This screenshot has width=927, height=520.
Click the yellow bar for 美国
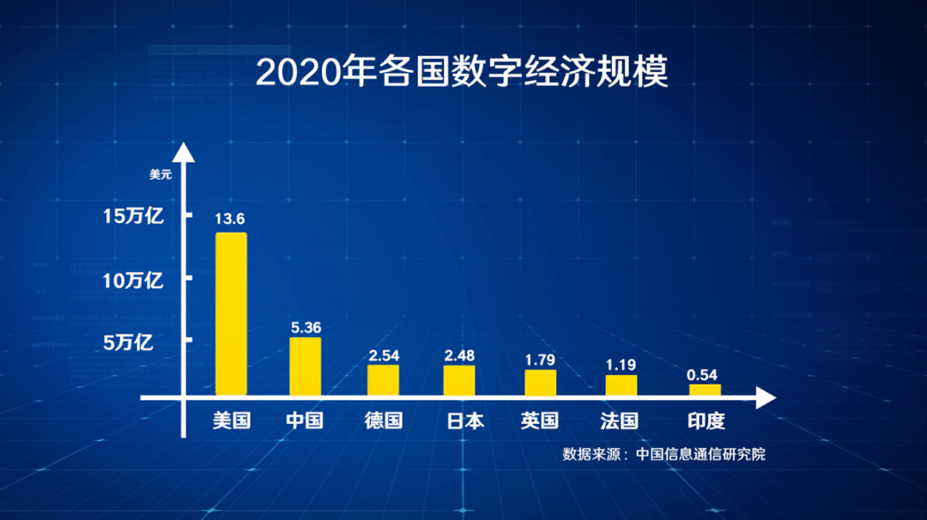tap(231, 314)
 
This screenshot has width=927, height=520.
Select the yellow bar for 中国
tap(305, 366)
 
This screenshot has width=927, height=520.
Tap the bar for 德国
tap(383, 380)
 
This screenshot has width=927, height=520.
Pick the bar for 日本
tap(459, 380)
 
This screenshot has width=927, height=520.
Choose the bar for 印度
tap(705, 390)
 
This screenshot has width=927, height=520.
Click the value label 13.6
tap(231, 219)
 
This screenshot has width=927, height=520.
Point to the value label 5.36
tap(306, 326)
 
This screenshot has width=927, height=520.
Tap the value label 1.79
tap(541, 357)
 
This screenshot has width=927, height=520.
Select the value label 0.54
tap(701, 374)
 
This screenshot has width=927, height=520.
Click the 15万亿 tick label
tap(133, 216)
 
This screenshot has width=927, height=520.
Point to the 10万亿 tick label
tap(133, 281)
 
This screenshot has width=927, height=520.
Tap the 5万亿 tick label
tap(128, 343)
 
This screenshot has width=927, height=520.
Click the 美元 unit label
tap(161, 174)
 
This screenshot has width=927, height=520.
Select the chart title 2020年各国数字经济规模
tap(462, 73)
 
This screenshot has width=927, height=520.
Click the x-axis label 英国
tap(540, 421)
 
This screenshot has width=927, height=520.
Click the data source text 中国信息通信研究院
tap(700, 454)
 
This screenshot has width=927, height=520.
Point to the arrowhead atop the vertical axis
tap(183, 154)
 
